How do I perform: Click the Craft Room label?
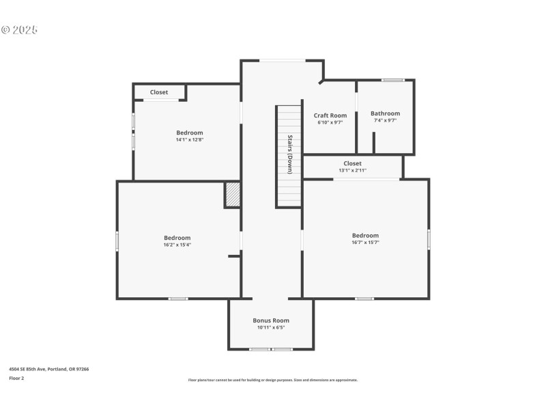pos(330,115)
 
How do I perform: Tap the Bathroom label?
pos(385,113)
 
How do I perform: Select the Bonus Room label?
pos(271,320)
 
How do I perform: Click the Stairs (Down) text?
pos(289,154)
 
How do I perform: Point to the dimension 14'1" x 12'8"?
pos(189,139)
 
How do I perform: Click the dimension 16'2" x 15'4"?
pos(177,245)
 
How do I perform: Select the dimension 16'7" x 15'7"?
pos(365,242)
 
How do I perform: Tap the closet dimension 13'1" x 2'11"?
pos(352,170)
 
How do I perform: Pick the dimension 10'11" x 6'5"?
pos(271,327)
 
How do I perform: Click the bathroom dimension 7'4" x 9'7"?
pos(385,120)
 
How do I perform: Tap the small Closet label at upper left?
pos(159,92)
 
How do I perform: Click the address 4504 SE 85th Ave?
pos(48,369)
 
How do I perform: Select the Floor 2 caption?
pos(16,378)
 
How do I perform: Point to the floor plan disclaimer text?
pos(272,380)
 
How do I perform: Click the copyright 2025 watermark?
pos(19,30)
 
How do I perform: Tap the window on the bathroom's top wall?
pos(392,80)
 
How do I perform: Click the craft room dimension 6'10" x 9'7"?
pos(330,122)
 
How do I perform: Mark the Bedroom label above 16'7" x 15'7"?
pos(365,236)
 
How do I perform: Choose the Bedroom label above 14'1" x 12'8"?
pos(189,133)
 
